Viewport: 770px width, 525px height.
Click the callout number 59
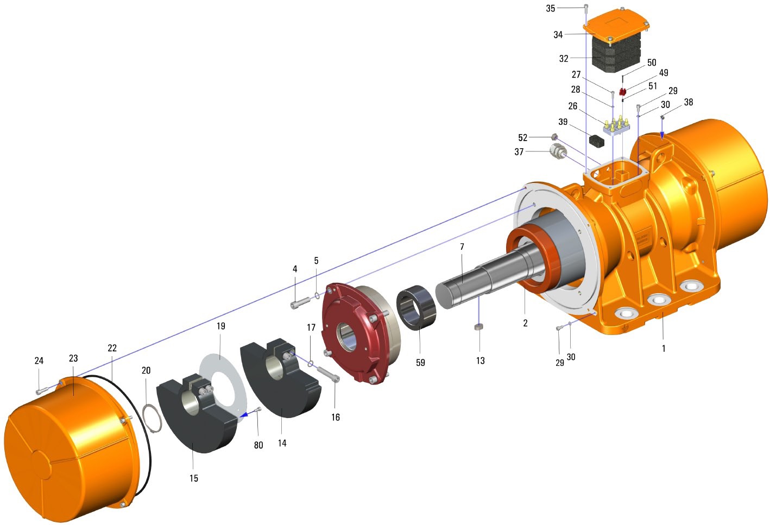pyautogui.click(x=420, y=363)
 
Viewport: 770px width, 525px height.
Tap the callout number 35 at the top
pyautogui.click(x=550, y=9)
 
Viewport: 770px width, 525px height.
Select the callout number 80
pyautogui.click(x=258, y=445)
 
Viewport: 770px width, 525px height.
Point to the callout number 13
pyautogui.click(x=480, y=360)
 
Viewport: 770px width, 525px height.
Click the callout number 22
pyautogui.click(x=112, y=348)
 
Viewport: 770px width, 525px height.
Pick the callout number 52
pyautogui.click(x=522, y=138)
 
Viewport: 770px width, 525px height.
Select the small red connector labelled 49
pyautogui.click(x=622, y=92)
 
